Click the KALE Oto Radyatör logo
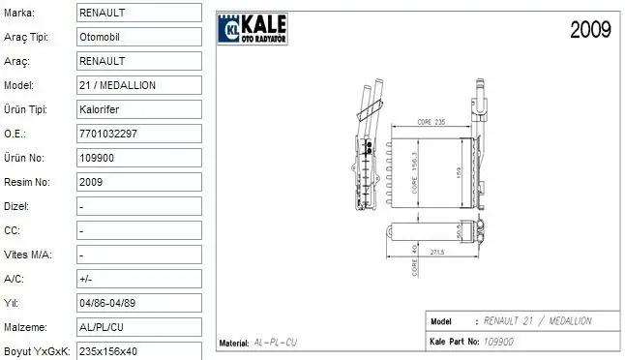point(251,30)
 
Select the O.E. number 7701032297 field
point(138,134)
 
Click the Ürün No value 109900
point(138,158)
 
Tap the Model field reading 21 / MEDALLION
point(138,85)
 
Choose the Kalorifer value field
point(138,109)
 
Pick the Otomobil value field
point(138,37)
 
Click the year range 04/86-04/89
point(138,303)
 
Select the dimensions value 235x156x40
point(138,350)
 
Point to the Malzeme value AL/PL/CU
point(138,327)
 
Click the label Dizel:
point(16,206)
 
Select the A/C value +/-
point(138,279)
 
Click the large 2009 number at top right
point(589,30)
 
